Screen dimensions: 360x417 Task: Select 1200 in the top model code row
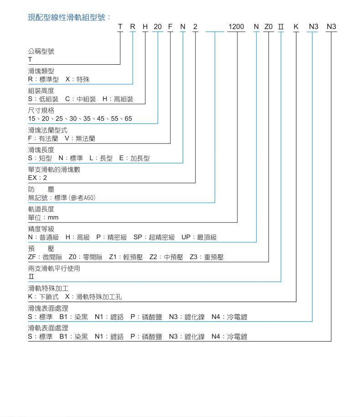(x=236, y=27)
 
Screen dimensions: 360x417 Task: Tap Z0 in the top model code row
(x=268, y=27)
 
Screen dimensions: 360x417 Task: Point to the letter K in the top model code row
(x=296, y=27)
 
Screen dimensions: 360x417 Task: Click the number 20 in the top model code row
(x=158, y=27)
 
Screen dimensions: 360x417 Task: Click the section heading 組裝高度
(x=41, y=91)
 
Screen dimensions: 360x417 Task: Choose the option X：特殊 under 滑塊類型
(x=77, y=79)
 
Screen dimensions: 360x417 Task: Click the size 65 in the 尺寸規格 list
(x=128, y=118)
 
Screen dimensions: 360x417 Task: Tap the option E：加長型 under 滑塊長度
(x=134, y=158)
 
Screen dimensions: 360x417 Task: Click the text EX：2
(x=37, y=178)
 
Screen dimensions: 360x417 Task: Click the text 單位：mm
(x=43, y=217)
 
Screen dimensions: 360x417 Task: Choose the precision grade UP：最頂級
(x=199, y=237)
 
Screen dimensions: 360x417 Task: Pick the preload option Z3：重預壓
(x=206, y=257)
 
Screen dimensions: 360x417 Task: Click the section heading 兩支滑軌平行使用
(x=54, y=268)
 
